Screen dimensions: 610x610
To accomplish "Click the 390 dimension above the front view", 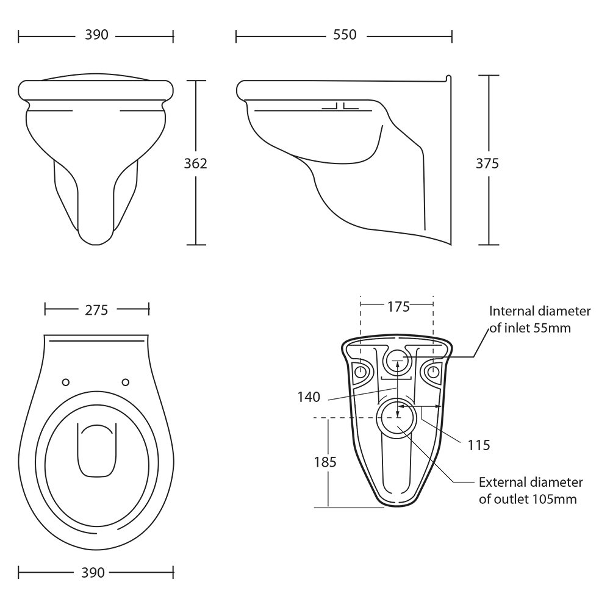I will pos(96,36).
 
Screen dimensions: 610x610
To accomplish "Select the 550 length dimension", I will pos(345,36).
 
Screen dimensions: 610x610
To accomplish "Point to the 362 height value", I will pos(196,163).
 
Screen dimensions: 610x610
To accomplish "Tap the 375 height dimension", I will pos(488,163).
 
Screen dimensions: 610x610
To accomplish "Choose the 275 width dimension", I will pos(96,310).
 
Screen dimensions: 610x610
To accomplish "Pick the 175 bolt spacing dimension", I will pos(398,306).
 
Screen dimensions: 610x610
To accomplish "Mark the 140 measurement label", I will pos(309,397).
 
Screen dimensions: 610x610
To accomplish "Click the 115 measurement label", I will pos(479,445).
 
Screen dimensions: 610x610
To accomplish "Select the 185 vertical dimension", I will pos(325,462).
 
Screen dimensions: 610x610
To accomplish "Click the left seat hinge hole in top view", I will pos(66,382).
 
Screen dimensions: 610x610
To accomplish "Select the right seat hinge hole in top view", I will pos(126,382).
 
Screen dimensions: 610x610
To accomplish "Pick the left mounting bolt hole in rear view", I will pos(361,371).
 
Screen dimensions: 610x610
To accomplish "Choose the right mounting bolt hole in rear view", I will pos(434,371).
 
